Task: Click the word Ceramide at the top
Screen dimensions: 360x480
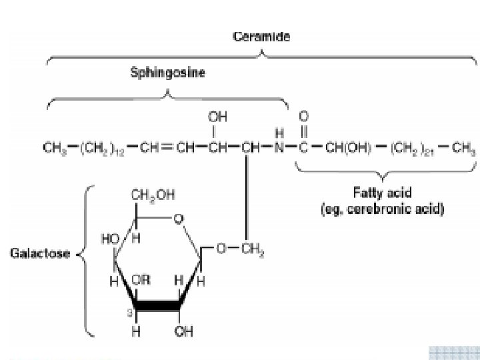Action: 261,37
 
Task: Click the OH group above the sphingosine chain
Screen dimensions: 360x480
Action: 218,117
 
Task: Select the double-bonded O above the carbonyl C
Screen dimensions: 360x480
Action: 304,117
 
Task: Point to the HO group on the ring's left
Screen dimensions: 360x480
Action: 110,238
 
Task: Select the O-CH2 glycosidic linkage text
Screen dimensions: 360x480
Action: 236,249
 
